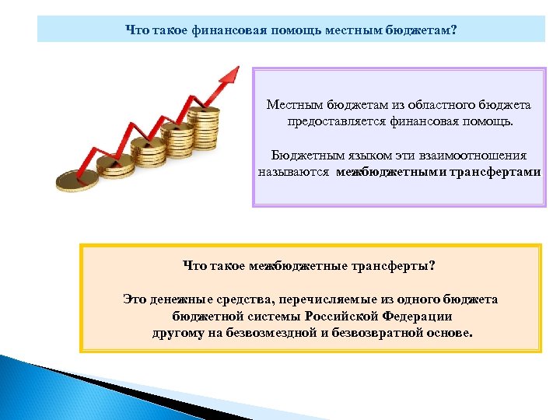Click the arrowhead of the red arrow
(x=229, y=74)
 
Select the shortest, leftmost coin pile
(x=79, y=180)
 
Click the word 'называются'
(x=295, y=173)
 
